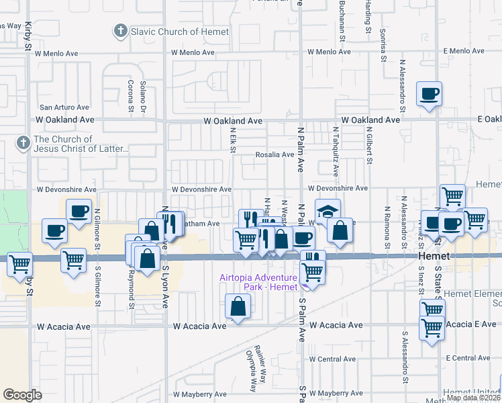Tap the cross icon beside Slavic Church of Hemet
120,31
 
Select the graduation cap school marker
328,212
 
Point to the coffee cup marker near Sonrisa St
429,94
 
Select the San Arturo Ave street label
64,107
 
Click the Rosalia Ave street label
274,154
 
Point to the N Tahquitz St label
334,144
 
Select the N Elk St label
232,140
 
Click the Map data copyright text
473,398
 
